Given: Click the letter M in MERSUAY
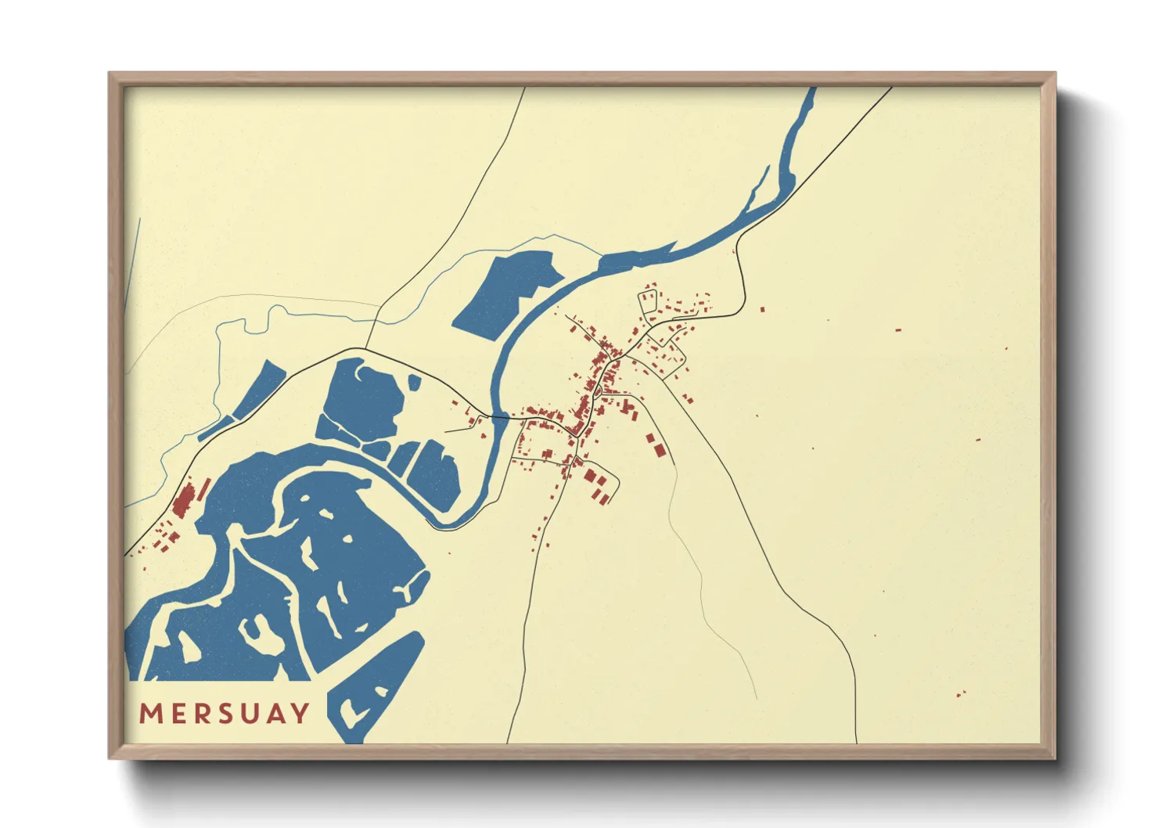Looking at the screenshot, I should tap(150, 714).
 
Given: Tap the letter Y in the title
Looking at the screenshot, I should tap(300, 714).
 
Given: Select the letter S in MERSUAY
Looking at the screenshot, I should tap(225, 714).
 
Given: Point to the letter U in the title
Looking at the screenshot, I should tap(250, 714).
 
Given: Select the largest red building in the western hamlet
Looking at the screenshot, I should tap(183, 502).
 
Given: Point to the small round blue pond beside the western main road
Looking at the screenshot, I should tap(414, 382).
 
